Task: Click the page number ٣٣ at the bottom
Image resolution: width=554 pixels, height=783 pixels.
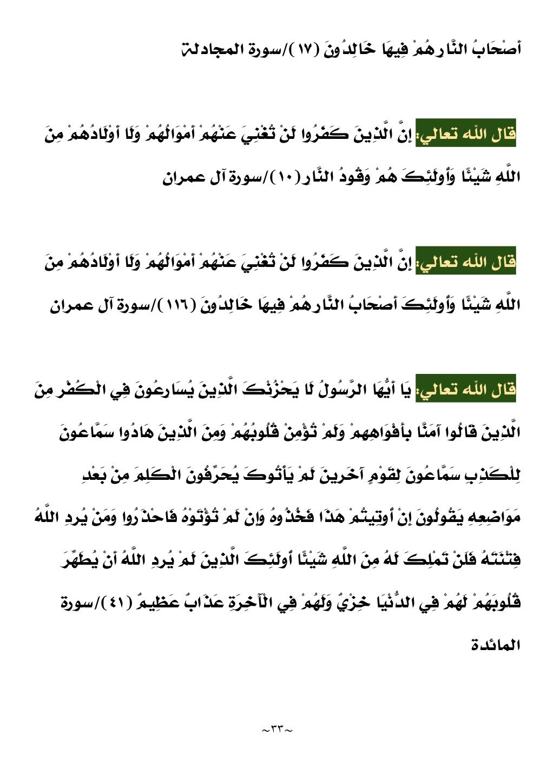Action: pyautogui.click(x=276, y=730)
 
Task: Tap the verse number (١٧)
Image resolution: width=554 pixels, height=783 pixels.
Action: pyautogui.click(x=308, y=50)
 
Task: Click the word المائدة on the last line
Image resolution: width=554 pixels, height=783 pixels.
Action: pyautogui.click(x=496, y=645)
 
